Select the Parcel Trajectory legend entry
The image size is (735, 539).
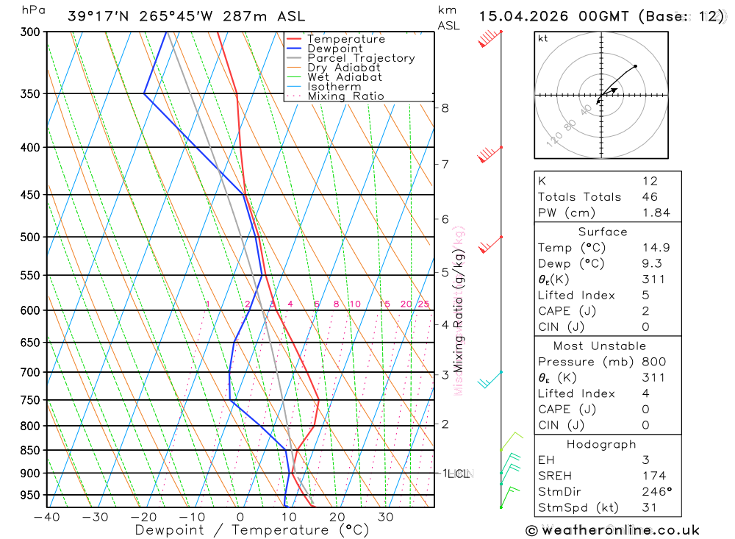pos(361,58)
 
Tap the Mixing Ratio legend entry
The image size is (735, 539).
pos(345,96)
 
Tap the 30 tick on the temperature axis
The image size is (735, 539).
pos(386,517)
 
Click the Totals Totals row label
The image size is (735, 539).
pos(579,196)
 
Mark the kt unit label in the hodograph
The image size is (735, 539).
pos(543,38)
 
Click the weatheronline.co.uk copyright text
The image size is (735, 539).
pos(612,530)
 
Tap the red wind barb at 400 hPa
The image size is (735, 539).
pos(490,153)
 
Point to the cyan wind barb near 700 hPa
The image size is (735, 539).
pos(488,379)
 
